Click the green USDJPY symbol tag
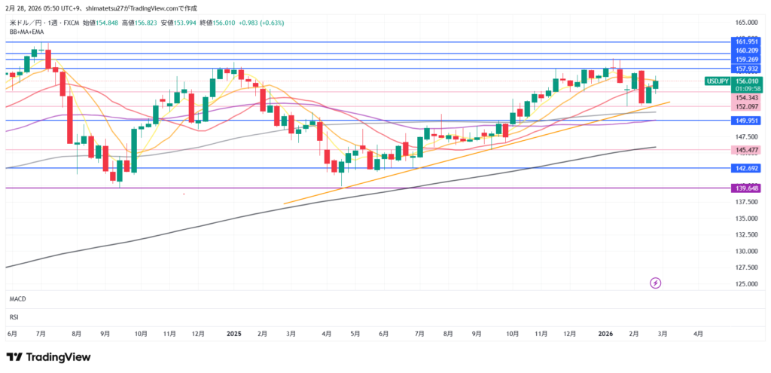click(x=716, y=81)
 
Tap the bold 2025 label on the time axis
click(x=233, y=332)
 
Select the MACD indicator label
click(x=17, y=299)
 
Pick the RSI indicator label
click(x=14, y=316)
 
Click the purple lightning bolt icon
click(x=655, y=283)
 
